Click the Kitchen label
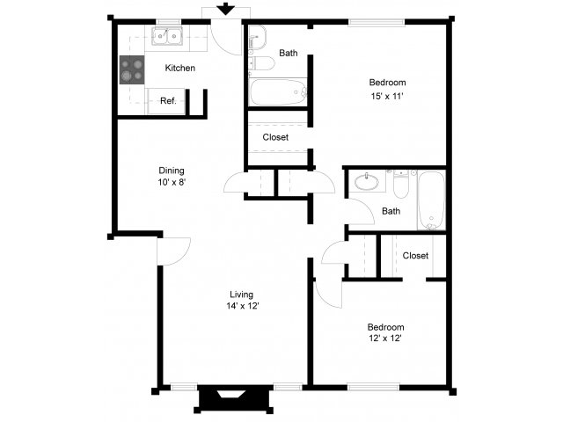click(x=179, y=68)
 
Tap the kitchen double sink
click(x=166, y=36)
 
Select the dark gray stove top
click(x=132, y=70)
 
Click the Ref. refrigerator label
click(x=168, y=101)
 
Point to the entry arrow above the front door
click(x=225, y=9)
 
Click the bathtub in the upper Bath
click(x=278, y=91)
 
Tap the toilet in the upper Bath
click(x=261, y=63)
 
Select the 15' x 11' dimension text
click(x=387, y=96)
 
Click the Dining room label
click(x=172, y=171)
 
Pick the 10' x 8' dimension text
click(x=172, y=182)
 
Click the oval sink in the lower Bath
click(x=367, y=182)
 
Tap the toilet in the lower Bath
click(x=401, y=185)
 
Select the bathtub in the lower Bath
click(x=432, y=200)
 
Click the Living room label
click(x=241, y=295)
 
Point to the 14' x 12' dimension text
click(x=243, y=306)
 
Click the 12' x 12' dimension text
click(x=385, y=338)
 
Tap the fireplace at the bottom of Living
click(x=234, y=397)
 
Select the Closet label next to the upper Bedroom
click(x=275, y=137)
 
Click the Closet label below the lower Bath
click(x=415, y=256)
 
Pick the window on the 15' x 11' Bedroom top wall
click(x=377, y=23)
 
